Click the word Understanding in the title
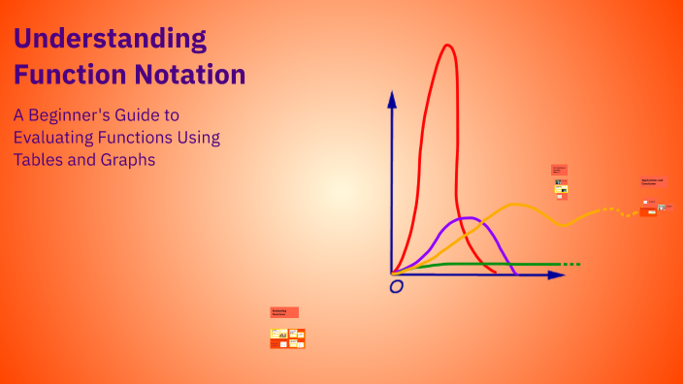pos(110,40)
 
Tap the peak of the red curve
pos(447,46)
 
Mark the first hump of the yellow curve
pos(515,205)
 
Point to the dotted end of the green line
pos(571,264)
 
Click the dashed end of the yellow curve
pos(621,211)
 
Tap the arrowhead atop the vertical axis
pos(392,98)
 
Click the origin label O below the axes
pos(395,287)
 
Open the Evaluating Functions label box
pos(284,312)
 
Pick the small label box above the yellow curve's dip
pos(559,170)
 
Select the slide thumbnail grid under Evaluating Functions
pos(287,337)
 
